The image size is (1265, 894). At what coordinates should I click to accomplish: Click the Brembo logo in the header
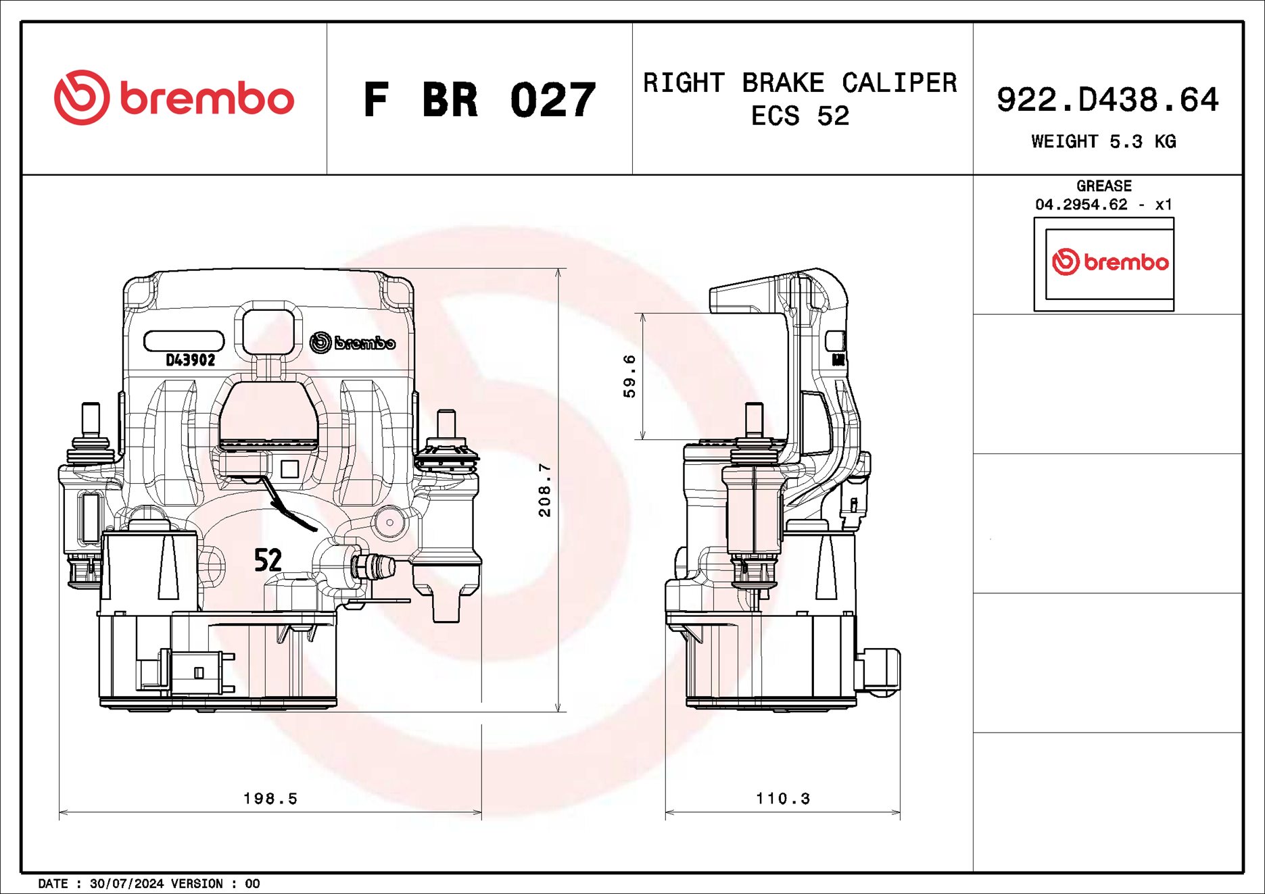(174, 98)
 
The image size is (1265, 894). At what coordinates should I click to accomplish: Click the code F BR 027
(479, 100)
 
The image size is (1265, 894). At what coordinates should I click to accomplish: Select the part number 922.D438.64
(1107, 99)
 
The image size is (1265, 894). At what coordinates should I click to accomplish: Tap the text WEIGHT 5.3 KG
(1103, 141)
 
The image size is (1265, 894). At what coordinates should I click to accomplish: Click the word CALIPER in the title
(899, 83)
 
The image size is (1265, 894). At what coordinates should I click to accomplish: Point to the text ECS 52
(800, 116)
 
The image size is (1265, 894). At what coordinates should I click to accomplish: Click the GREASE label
(1103, 186)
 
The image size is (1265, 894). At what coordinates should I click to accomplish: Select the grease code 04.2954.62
(1081, 204)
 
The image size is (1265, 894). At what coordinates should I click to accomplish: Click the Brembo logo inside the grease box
(1109, 262)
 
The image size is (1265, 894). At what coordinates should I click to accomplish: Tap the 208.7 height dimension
(545, 490)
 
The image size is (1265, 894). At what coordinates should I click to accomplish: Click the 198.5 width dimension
(270, 799)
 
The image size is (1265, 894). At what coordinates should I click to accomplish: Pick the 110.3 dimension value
(783, 799)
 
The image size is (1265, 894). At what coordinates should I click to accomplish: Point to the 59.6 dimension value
(629, 376)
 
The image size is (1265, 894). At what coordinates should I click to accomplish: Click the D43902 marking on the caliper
(190, 360)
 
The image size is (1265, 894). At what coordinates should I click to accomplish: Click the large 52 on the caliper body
(268, 560)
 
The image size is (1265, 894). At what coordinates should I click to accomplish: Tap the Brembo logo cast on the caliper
(352, 343)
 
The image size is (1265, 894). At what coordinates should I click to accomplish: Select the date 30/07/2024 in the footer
(126, 884)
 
